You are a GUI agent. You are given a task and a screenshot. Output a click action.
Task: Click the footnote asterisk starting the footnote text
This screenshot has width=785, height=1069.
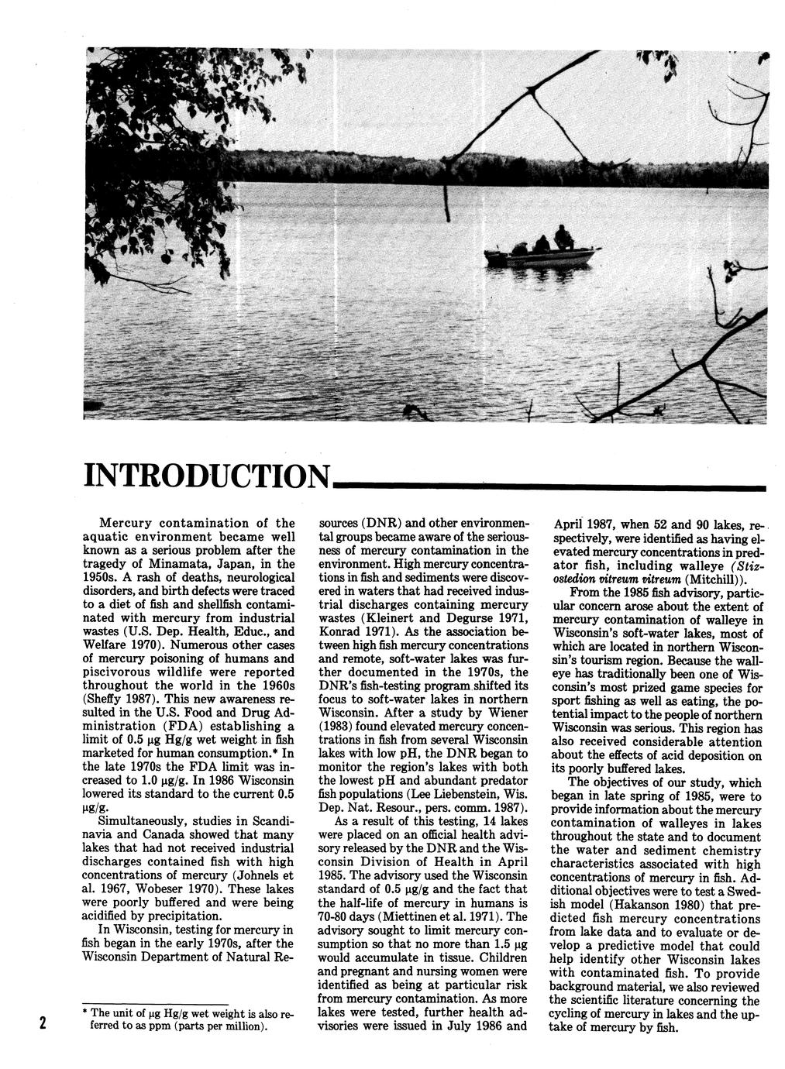pyautogui.click(x=84, y=1012)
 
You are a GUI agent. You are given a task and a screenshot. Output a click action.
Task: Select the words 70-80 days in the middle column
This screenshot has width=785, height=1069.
pyautogui.click(x=346, y=916)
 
